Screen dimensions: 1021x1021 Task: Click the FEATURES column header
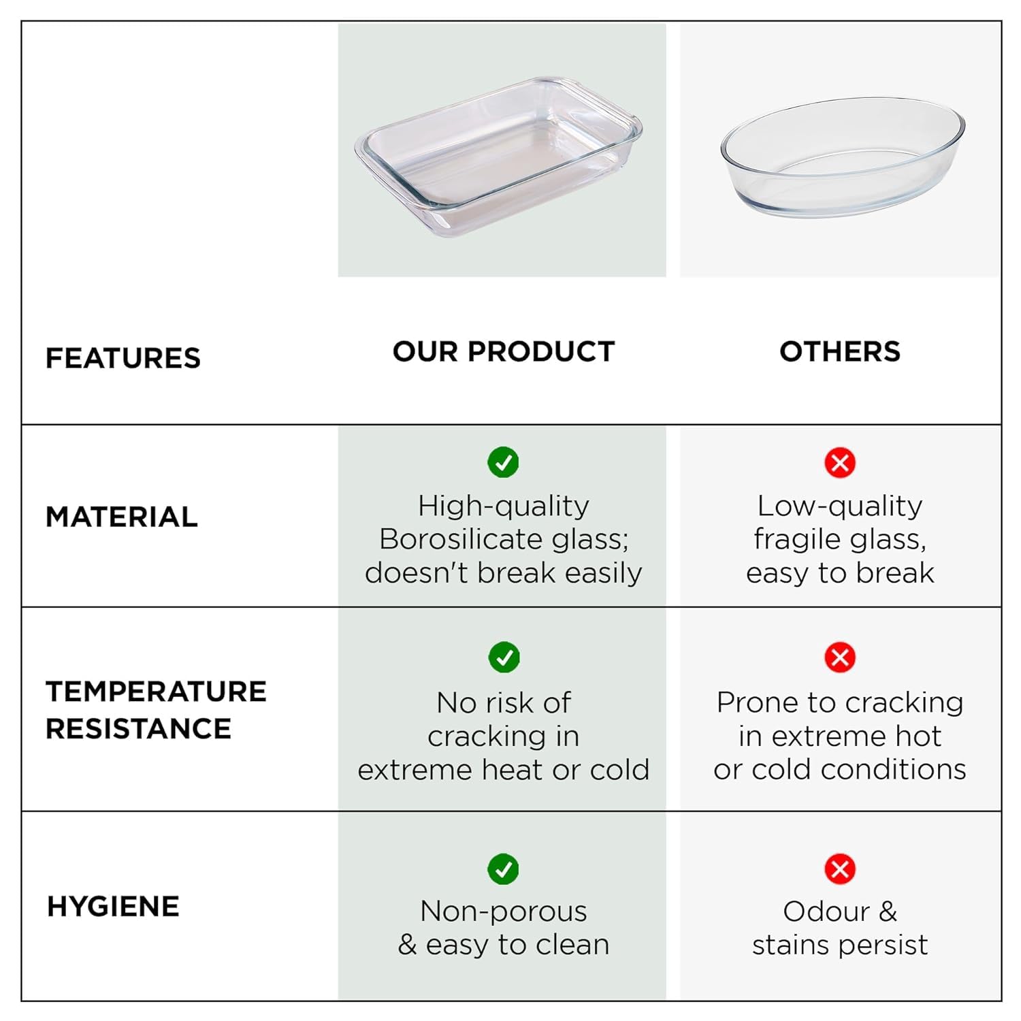(123, 358)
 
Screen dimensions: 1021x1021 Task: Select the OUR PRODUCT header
(504, 351)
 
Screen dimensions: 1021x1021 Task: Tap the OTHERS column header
(840, 351)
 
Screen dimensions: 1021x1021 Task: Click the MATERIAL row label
(122, 517)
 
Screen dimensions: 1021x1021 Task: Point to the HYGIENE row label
(113, 907)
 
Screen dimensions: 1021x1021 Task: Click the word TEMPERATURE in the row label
(156, 692)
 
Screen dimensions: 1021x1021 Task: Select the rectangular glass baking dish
(498, 157)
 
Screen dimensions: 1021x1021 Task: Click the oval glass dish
(843, 157)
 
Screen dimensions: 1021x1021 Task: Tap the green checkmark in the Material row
(504, 463)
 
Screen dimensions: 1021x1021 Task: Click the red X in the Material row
(840, 463)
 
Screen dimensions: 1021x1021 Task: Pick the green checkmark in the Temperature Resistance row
(504, 658)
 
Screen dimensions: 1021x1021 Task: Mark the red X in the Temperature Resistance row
(840, 658)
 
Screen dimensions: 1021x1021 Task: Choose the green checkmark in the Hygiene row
(504, 869)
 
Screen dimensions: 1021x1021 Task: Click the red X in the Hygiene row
(840, 869)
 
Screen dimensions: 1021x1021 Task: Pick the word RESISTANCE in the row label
(139, 729)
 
